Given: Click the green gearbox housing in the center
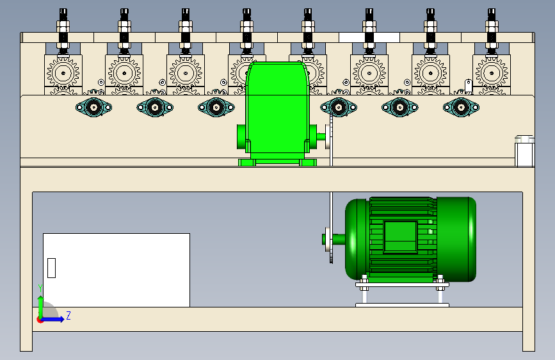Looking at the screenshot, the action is coord(277,110).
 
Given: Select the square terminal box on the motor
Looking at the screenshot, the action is coord(400,237).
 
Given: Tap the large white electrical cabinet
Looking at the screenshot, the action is coord(117,270).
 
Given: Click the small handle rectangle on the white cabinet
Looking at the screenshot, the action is coord(51,268).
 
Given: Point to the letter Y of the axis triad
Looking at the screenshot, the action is coord(40,288).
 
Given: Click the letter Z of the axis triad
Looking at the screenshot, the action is coord(68,315).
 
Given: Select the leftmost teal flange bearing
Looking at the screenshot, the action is coord(94,107).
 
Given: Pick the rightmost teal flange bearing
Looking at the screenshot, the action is coord(461,107).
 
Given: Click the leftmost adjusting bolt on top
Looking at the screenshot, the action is coord(63,32).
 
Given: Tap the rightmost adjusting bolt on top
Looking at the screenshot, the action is coord(492,32).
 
